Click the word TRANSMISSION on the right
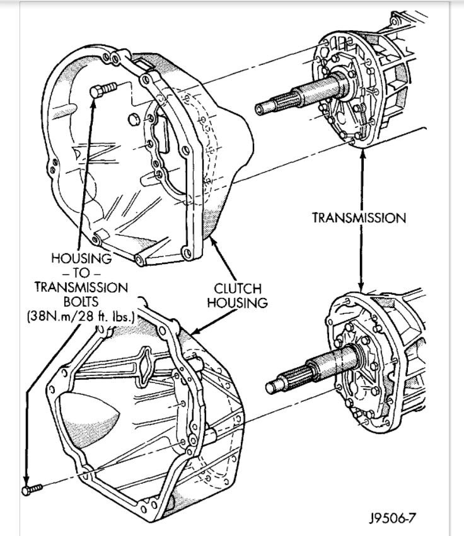point(359,218)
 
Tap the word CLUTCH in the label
point(237,289)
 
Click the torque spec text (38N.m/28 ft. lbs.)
point(80,316)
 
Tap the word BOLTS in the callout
point(80,302)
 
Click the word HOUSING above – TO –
point(81,258)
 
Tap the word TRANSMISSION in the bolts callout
point(81,287)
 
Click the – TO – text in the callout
point(81,273)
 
